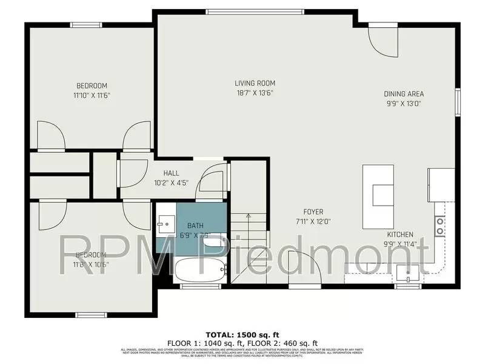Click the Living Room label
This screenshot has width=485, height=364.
click(255, 83)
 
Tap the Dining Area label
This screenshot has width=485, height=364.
click(404, 94)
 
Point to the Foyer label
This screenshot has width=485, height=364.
click(309, 212)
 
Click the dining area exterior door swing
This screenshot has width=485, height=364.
click(383, 40)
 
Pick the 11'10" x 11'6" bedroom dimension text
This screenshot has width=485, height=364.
click(92, 95)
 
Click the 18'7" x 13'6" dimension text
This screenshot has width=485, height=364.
click(255, 93)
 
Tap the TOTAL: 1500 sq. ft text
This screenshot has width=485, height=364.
click(242, 334)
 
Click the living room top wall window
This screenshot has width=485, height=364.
click(255, 10)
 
